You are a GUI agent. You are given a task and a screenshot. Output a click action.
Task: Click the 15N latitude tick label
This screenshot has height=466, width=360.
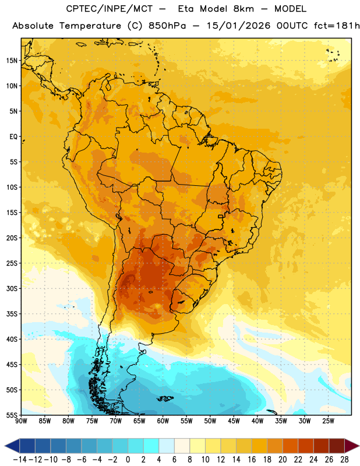coord(12,61)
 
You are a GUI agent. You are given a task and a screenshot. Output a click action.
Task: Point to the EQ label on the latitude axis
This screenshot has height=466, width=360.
coord(13,137)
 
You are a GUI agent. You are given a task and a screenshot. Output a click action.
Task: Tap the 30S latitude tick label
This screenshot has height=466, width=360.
coord(12,288)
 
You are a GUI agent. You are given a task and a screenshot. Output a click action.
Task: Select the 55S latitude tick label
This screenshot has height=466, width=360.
coord(12,415)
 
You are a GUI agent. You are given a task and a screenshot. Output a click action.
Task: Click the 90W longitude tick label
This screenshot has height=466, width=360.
coord(21,421)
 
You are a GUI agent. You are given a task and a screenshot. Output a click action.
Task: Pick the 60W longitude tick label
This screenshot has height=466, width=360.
coord(163,421)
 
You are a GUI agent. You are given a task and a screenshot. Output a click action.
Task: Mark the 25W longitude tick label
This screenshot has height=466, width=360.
coord(328,421)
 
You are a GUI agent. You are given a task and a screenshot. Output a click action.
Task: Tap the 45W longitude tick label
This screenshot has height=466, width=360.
coord(234,421)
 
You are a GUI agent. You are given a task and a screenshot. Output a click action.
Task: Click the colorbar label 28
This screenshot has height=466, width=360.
coord(344,460)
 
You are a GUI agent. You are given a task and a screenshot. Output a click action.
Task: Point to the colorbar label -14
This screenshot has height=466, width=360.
coord(20,460)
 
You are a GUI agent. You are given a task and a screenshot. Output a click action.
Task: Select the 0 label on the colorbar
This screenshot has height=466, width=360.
coord(128,460)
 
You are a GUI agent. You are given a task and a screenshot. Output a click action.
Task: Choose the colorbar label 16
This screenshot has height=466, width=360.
coord(252,460)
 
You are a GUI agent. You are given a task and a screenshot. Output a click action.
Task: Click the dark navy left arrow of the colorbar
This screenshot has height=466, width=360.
coord(12,446)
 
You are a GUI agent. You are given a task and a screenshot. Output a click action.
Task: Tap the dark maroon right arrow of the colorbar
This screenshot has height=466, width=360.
coord(352,446)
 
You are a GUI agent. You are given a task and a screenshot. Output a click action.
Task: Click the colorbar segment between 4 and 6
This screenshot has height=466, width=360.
coord(167,446)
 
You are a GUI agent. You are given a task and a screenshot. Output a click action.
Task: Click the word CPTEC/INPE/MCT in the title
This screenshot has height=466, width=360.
coord(109,9)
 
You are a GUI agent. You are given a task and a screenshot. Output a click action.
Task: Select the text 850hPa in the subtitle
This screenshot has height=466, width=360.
coord(167,26)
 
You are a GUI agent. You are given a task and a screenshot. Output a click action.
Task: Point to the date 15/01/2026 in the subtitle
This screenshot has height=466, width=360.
coord(238,26)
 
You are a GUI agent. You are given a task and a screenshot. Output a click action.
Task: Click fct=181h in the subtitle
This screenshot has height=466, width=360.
coord(337,26)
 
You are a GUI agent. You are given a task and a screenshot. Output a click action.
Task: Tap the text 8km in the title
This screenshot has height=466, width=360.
coord(243,9)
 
